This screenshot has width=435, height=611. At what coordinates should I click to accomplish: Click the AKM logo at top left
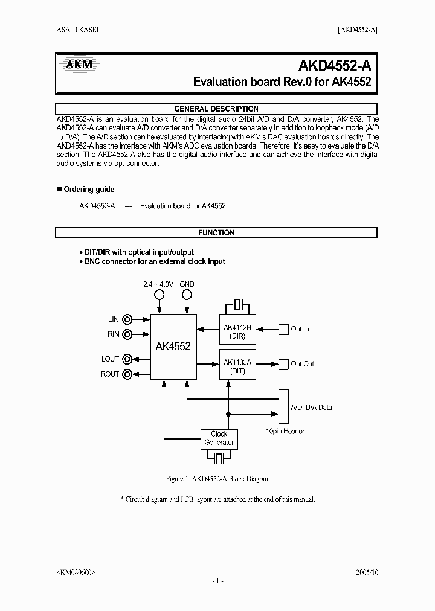click(76, 62)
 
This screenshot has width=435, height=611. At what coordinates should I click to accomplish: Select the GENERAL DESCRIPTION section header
click(216, 109)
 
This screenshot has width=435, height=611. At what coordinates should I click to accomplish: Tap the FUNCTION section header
click(216, 232)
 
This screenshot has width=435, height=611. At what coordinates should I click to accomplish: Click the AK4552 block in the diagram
click(173, 347)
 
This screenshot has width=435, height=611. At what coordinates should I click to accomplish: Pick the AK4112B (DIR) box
click(236, 331)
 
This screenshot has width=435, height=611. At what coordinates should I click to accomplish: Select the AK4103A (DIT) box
click(236, 366)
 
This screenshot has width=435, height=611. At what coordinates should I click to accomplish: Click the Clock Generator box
click(219, 438)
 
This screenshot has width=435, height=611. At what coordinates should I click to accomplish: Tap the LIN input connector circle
click(127, 319)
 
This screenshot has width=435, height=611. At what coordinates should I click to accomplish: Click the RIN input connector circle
click(127, 334)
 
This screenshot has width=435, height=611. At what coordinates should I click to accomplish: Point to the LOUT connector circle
click(127, 359)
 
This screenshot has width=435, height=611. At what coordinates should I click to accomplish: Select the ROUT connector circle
click(127, 374)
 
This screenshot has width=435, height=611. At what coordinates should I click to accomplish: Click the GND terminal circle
click(187, 295)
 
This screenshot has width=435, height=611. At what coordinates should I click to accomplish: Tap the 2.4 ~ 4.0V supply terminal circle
click(159, 295)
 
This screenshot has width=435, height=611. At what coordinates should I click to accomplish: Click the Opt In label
click(300, 330)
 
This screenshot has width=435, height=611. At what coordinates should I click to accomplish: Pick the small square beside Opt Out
click(283, 364)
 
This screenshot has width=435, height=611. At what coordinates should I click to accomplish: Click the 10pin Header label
click(285, 431)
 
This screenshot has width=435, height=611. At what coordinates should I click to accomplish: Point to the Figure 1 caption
click(217, 479)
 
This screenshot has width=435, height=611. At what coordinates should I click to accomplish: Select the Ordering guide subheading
click(89, 190)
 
